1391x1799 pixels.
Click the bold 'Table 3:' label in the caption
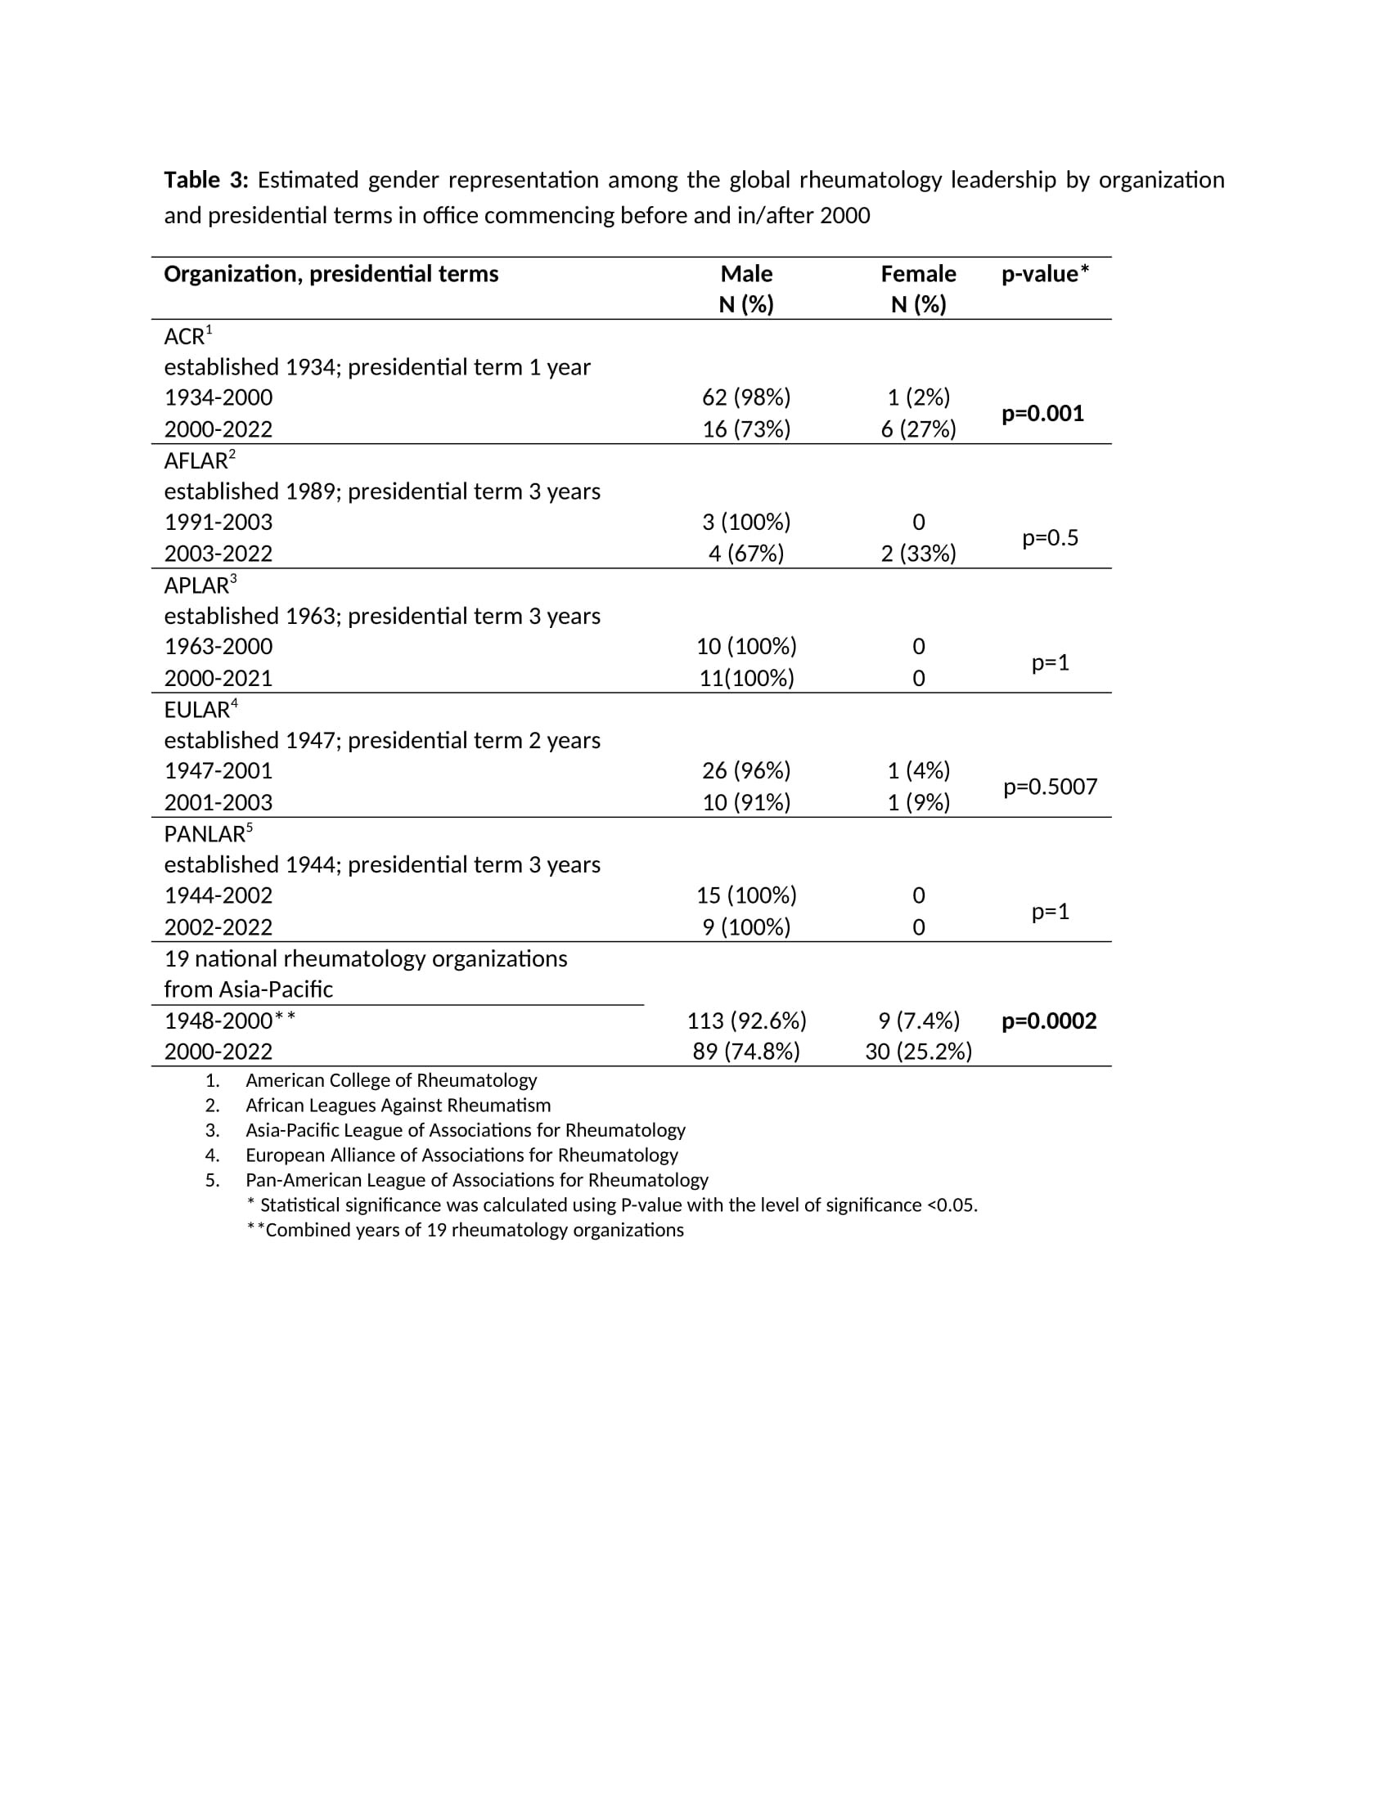click(x=205, y=180)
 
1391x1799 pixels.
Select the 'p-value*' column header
click(x=1045, y=274)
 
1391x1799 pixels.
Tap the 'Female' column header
click(x=918, y=274)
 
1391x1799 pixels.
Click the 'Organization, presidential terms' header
click(x=331, y=274)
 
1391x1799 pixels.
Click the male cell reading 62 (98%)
click(x=745, y=398)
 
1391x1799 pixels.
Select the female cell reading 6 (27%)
click(x=918, y=429)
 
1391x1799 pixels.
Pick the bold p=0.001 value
click(x=1042, y=414)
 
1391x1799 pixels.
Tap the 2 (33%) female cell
click(x=918, y=554)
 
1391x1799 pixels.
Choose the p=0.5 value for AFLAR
click(x=1050, y=538)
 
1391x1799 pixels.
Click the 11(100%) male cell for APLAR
click(x=745, y=678)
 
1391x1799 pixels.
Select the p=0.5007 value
click(x=1050, y=787)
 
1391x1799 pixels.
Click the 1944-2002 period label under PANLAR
click(x=218, y=895)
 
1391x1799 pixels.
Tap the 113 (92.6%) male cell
click(x=745, y=1021)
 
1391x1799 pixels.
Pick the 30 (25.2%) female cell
click(x=918, y=1052)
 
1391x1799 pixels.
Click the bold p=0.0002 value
click(x=1049, y=1021)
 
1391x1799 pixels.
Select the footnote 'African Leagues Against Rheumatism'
click(x=398, y=1106)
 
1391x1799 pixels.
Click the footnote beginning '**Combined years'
click(x=466, y=1230)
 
